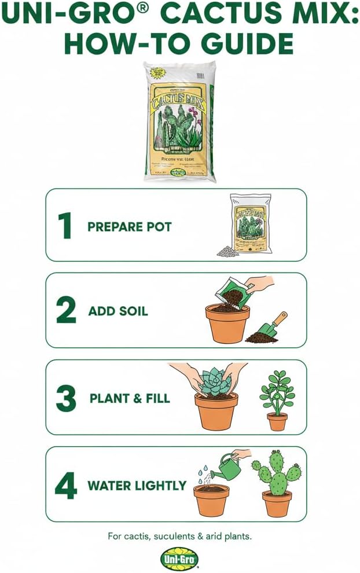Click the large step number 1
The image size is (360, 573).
click(x=64, y=226)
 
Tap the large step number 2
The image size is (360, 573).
click(x=66, y=311)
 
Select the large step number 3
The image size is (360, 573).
click(x=66, y=398)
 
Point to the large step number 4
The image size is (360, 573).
click(x=65, y=485)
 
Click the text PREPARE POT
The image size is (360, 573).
click(x=130, y=226)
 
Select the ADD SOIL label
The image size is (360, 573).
click(x=118, y=311)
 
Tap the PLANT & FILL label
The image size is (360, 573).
click(x=130, y=398)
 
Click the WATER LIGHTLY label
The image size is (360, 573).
click(x=137, y=485)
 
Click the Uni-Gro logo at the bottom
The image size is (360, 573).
click(x=179, y=559)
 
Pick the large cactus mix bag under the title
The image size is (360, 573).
click(x=179, y=122)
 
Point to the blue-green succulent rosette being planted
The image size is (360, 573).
click(x=215, y=383)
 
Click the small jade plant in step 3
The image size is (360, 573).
click(x=277, y=394)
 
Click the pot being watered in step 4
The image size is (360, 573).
click(x=211, y=499)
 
